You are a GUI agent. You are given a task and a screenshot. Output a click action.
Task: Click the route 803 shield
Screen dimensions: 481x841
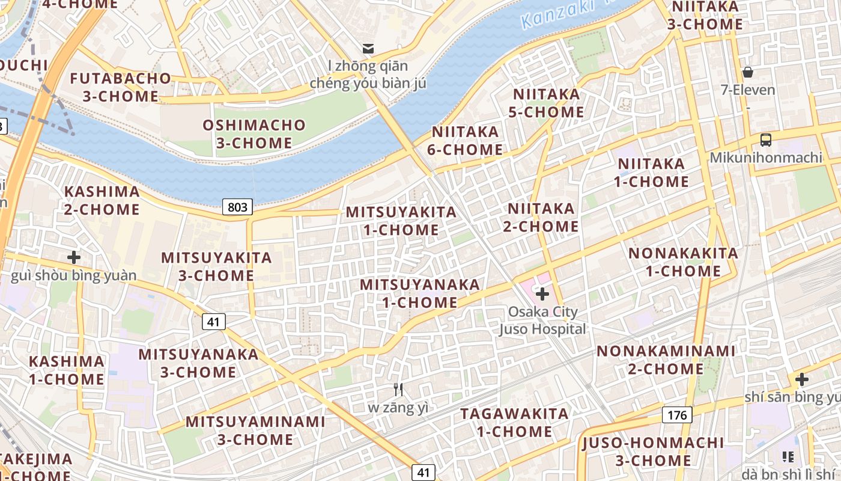pos(237,207)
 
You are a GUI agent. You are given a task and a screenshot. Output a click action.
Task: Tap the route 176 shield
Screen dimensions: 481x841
pos(677,415)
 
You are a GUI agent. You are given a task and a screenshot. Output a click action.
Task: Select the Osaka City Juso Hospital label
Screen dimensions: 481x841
pos(542,320)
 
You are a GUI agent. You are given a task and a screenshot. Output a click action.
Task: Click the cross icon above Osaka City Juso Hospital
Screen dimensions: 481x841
pos(542,294)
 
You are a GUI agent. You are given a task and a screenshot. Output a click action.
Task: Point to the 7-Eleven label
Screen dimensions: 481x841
pos(748,90)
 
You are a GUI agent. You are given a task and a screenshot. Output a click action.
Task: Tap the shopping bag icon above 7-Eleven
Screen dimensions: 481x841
pos(748,73)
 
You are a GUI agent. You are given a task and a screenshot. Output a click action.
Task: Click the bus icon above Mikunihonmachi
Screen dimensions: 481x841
pos(766,140)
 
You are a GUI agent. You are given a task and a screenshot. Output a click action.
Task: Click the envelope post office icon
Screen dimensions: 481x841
pos(368,48)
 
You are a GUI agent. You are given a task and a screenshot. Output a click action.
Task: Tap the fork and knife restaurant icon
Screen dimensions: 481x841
pos(398,390)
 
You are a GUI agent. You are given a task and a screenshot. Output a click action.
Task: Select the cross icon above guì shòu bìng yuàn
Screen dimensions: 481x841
pos(74,258)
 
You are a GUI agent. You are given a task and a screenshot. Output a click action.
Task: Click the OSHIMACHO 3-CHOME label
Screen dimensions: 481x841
pos(254,134)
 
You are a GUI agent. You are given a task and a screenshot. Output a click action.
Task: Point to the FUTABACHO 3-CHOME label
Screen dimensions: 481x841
pos(121,87)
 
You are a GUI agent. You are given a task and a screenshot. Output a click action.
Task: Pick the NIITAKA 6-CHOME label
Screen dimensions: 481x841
pos(465,141)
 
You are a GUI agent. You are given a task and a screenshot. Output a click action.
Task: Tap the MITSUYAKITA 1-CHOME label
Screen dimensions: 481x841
pos(401,221)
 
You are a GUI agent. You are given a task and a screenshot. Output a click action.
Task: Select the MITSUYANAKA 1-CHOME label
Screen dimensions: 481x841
pos(420,293)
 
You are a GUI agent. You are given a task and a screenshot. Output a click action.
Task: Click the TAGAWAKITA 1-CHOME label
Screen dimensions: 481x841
pos(514,423)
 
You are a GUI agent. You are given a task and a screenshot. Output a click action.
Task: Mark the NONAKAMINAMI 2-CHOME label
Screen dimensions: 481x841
pos(666,360)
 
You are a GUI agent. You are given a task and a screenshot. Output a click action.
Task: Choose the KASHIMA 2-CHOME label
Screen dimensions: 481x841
pos(102,200)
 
